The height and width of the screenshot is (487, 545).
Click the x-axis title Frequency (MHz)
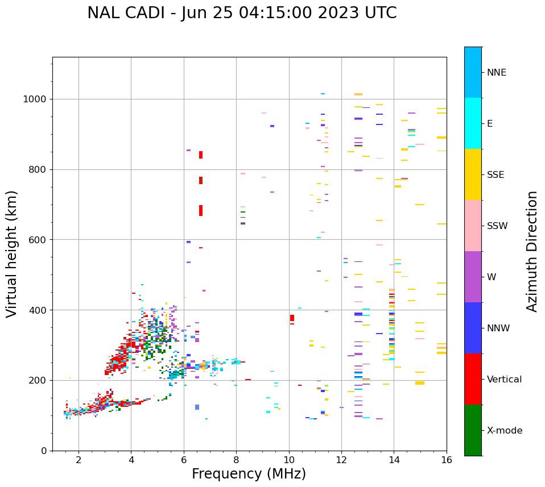coord(249,474)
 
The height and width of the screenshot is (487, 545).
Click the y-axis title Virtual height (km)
coord(12,254)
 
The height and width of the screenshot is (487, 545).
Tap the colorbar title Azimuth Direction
coord(532,251)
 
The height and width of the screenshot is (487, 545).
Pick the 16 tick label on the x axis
coord(447,460)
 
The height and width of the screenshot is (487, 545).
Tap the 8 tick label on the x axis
coord(236,460)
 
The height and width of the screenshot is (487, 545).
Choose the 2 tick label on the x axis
coord(79,460)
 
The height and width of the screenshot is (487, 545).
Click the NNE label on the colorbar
coord(497,73)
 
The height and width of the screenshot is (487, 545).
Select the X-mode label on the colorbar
coord(505,431)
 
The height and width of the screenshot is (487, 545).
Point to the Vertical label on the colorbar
coord(504,380)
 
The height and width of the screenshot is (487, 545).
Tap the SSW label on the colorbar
coord(497,226)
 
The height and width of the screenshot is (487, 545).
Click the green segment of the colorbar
coord(473,430)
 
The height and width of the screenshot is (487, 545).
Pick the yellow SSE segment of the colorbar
coord(473,174)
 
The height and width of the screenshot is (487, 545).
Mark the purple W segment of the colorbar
coord(473,277)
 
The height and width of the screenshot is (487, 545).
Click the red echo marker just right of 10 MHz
coord(292,318)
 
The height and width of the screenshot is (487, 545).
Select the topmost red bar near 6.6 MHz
coord(201,155)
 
